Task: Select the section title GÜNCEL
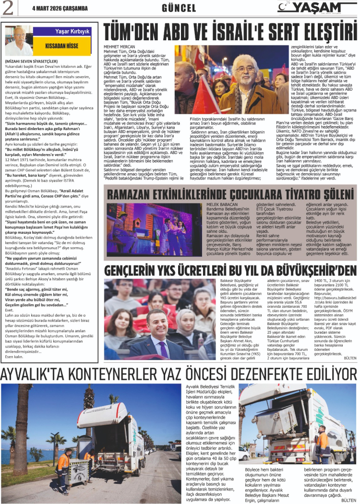coord(178,8)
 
